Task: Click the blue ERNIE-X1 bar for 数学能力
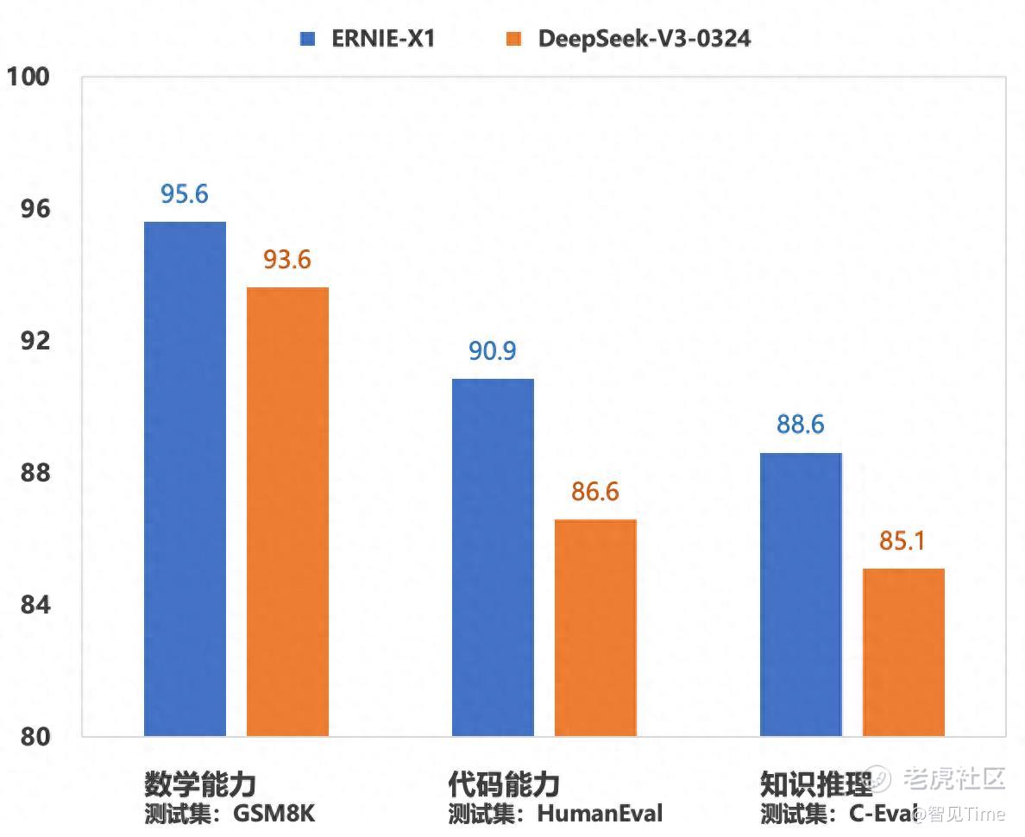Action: pyautogui.click(x=185, y=479)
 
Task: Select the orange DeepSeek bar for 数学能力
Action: pyautogui.click(x=287, y=511)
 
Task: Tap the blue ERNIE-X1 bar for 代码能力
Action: pyautogui.click(x=493, y=557)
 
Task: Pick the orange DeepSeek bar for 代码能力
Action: pyautogui.click(x=595, y=627)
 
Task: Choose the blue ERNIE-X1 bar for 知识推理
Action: pyautogui.click(x=801, y=594)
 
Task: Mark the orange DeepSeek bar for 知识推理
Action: pyautogui.click(x=903, y=651)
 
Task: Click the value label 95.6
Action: pyautogui.click(x=185, y=194)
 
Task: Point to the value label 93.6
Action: pyautogui.click(x=287, y=259)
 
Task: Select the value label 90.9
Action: pyautogui.click(x=493, y=350)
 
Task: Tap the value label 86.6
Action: pyautogui.click(x=595, y=492)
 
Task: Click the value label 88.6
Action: pyautogui.click(x=801, y=425)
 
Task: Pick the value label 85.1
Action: pyautogui.click(x=903, y=541)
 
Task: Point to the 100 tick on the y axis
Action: pyautogui.click(x=29, y=77)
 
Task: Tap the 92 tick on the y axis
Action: pyautogui.click(x=35, y=341)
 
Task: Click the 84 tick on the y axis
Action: pyautogui.click(x=35, y=605)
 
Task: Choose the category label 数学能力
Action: pyautogui.click(x=200, y=784)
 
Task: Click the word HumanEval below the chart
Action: pyautogui.click(x=601, y=813)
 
